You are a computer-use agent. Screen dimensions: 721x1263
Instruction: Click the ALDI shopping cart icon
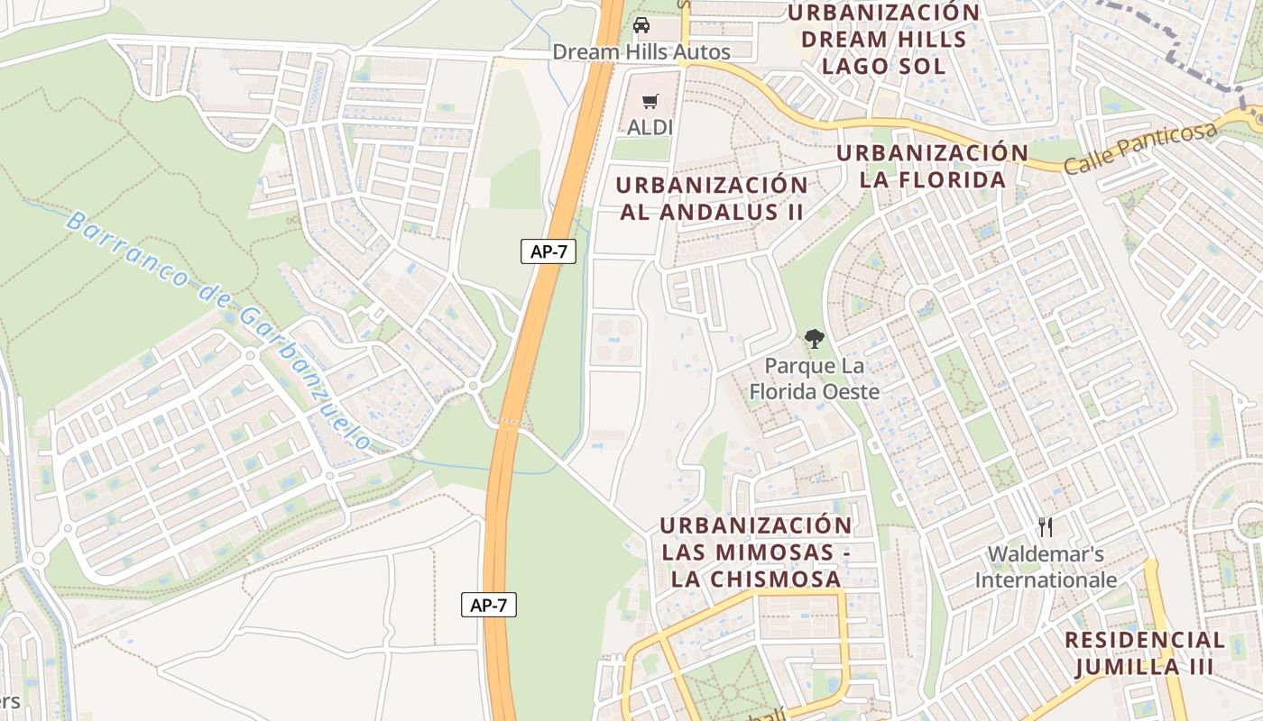pos(650,101)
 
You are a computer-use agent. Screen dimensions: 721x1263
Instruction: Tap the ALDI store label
pos(650,127)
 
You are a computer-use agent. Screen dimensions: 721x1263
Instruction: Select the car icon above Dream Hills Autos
pos(641,25)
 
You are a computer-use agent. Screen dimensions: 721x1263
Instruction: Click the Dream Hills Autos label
pos(641,52)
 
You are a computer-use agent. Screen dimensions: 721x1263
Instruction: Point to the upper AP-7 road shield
pos(548,251)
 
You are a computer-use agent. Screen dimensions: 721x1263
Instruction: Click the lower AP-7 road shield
pos(488,605)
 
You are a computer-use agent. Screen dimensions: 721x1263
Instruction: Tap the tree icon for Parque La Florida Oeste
pos(814,340)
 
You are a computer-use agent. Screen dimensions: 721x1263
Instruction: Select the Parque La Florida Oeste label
pos(814,379)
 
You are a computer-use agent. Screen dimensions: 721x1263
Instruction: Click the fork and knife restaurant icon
pos(1046,526)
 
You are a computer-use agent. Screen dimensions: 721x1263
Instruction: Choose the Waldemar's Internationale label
pos(1046,567)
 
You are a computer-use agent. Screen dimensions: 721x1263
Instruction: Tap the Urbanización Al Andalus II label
pos(712,198)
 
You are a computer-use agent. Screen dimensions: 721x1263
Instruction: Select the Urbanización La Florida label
pos(932,166)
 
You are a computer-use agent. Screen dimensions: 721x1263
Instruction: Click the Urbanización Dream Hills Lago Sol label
pos(883,40)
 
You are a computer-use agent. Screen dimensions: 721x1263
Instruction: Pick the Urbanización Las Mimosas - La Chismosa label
pos(755,552)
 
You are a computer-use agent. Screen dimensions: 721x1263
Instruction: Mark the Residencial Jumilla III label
pos(1145,653)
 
